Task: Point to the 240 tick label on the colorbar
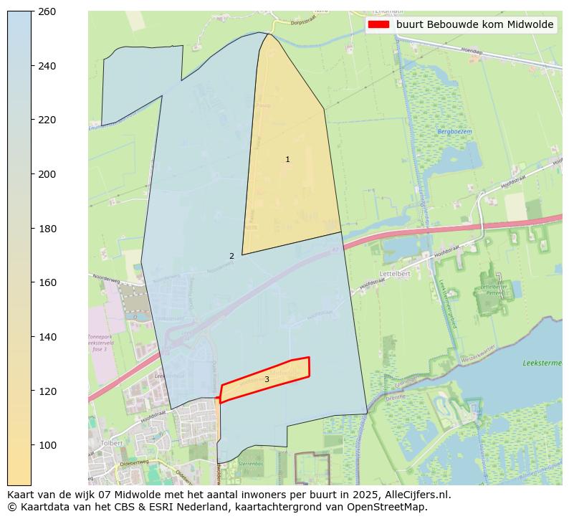pos(47,66)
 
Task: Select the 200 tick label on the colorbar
pos(47,174)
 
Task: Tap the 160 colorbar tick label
pos(47,282)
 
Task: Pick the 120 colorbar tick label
pos(47,391)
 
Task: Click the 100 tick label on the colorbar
pos(47,445)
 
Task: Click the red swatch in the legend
pos(378,24)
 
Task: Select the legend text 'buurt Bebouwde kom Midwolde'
pos(474,24)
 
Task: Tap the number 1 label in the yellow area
pos(287,160)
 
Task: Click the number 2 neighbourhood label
pos(231,256)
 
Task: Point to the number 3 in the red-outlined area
pos(267,379)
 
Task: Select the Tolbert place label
pos(113,443)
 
